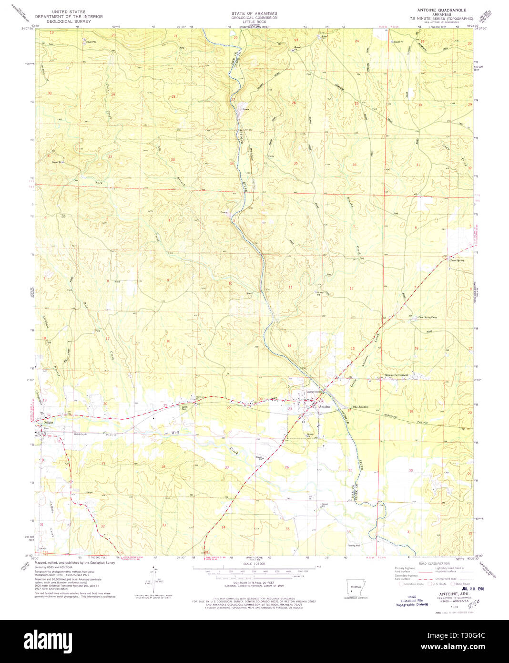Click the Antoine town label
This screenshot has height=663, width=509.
(x=325, y=406)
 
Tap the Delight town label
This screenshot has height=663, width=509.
(x=48, y=423)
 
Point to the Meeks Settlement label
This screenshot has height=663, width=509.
(x=397, y=375)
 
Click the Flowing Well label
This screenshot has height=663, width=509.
(x=354, y=545)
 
